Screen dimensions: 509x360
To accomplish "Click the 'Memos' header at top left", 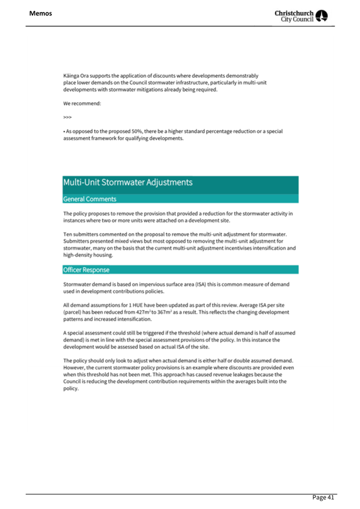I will click(x=41, y=13).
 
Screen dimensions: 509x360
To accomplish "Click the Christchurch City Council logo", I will click(x=304, y=17).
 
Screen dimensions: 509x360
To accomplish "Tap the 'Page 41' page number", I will click(x=323, y=497).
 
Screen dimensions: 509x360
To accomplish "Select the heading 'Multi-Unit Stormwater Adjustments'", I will click(x=127, y=182).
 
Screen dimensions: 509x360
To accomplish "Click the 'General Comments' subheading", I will click(x=90, y=199).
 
